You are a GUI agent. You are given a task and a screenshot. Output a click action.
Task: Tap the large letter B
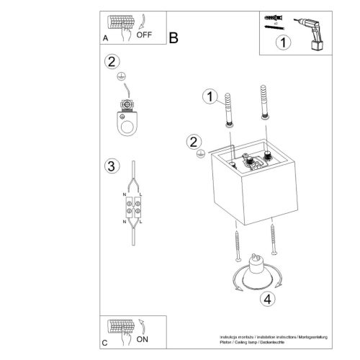tap(174, 37)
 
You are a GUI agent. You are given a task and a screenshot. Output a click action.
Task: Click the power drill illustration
tap(312, 32)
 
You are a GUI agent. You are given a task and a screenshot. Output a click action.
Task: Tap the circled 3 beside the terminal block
tap(110, 167)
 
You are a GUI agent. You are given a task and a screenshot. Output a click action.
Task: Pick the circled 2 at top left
tap(110, 62)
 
